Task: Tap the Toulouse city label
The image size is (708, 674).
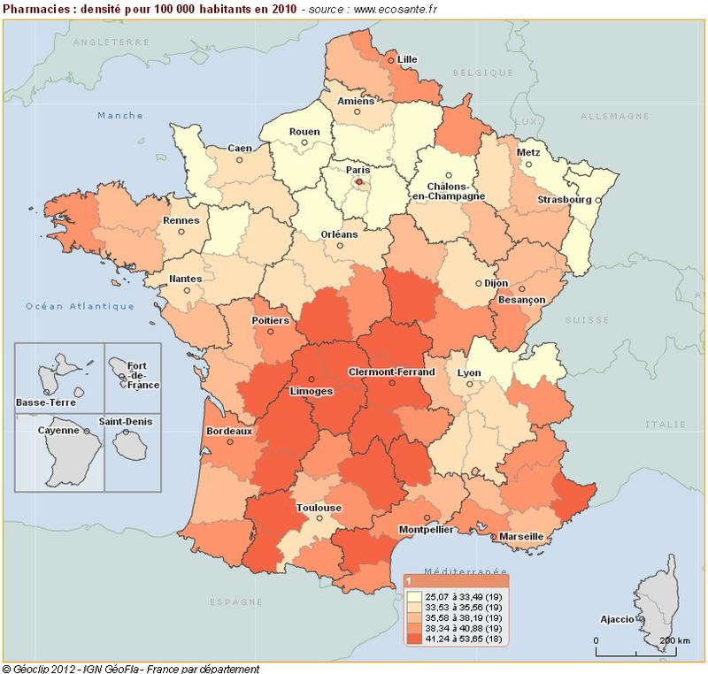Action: (x=320, y=508)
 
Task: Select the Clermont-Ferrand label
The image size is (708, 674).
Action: (x=393, y=372)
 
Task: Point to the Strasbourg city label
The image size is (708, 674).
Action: (x=566, y=200)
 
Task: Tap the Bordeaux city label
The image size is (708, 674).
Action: (x=229, y=431)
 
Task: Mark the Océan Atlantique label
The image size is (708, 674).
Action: (x=80, y=306)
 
